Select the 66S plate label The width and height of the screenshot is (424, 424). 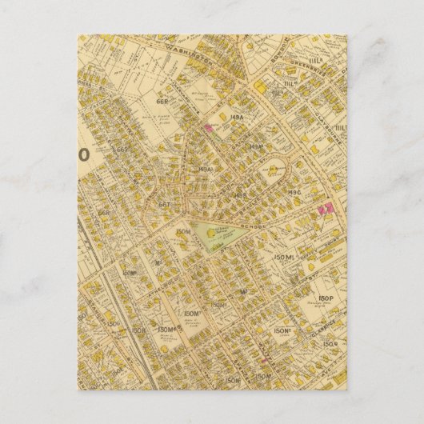[122, 150]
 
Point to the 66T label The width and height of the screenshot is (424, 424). [166, 203]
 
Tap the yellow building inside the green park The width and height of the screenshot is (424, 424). [211, 232]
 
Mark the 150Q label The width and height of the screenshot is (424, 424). [329, 345]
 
